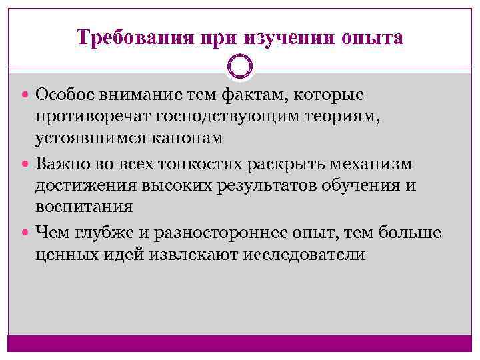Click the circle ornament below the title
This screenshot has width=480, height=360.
240,67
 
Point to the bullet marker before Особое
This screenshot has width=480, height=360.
27,96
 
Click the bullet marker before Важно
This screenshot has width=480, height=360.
27,164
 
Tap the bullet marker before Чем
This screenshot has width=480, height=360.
27,232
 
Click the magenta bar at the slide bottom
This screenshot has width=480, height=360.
240,344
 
